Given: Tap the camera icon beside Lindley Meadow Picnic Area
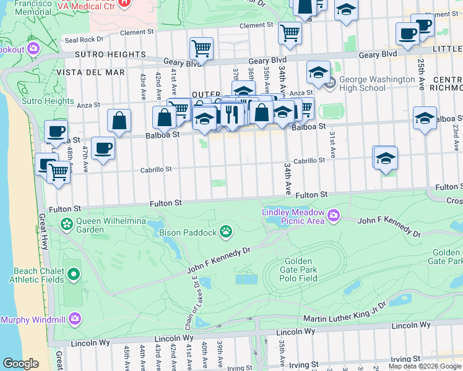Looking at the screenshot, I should coord(334,215).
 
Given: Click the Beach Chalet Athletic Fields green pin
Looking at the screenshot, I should coord(74,274).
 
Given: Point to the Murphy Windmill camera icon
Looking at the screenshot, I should coord(75,319).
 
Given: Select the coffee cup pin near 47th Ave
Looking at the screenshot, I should coord(103,148).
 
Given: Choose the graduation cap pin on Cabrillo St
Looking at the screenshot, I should coord(385,159).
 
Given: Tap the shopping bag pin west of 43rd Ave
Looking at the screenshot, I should coord(119,121).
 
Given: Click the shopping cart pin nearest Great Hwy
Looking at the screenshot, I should coord(58,172).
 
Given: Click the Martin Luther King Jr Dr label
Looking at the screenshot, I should coord(344,318).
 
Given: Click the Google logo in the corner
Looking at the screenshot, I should coord(20,364).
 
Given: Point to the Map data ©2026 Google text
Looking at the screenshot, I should coord(425,366).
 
